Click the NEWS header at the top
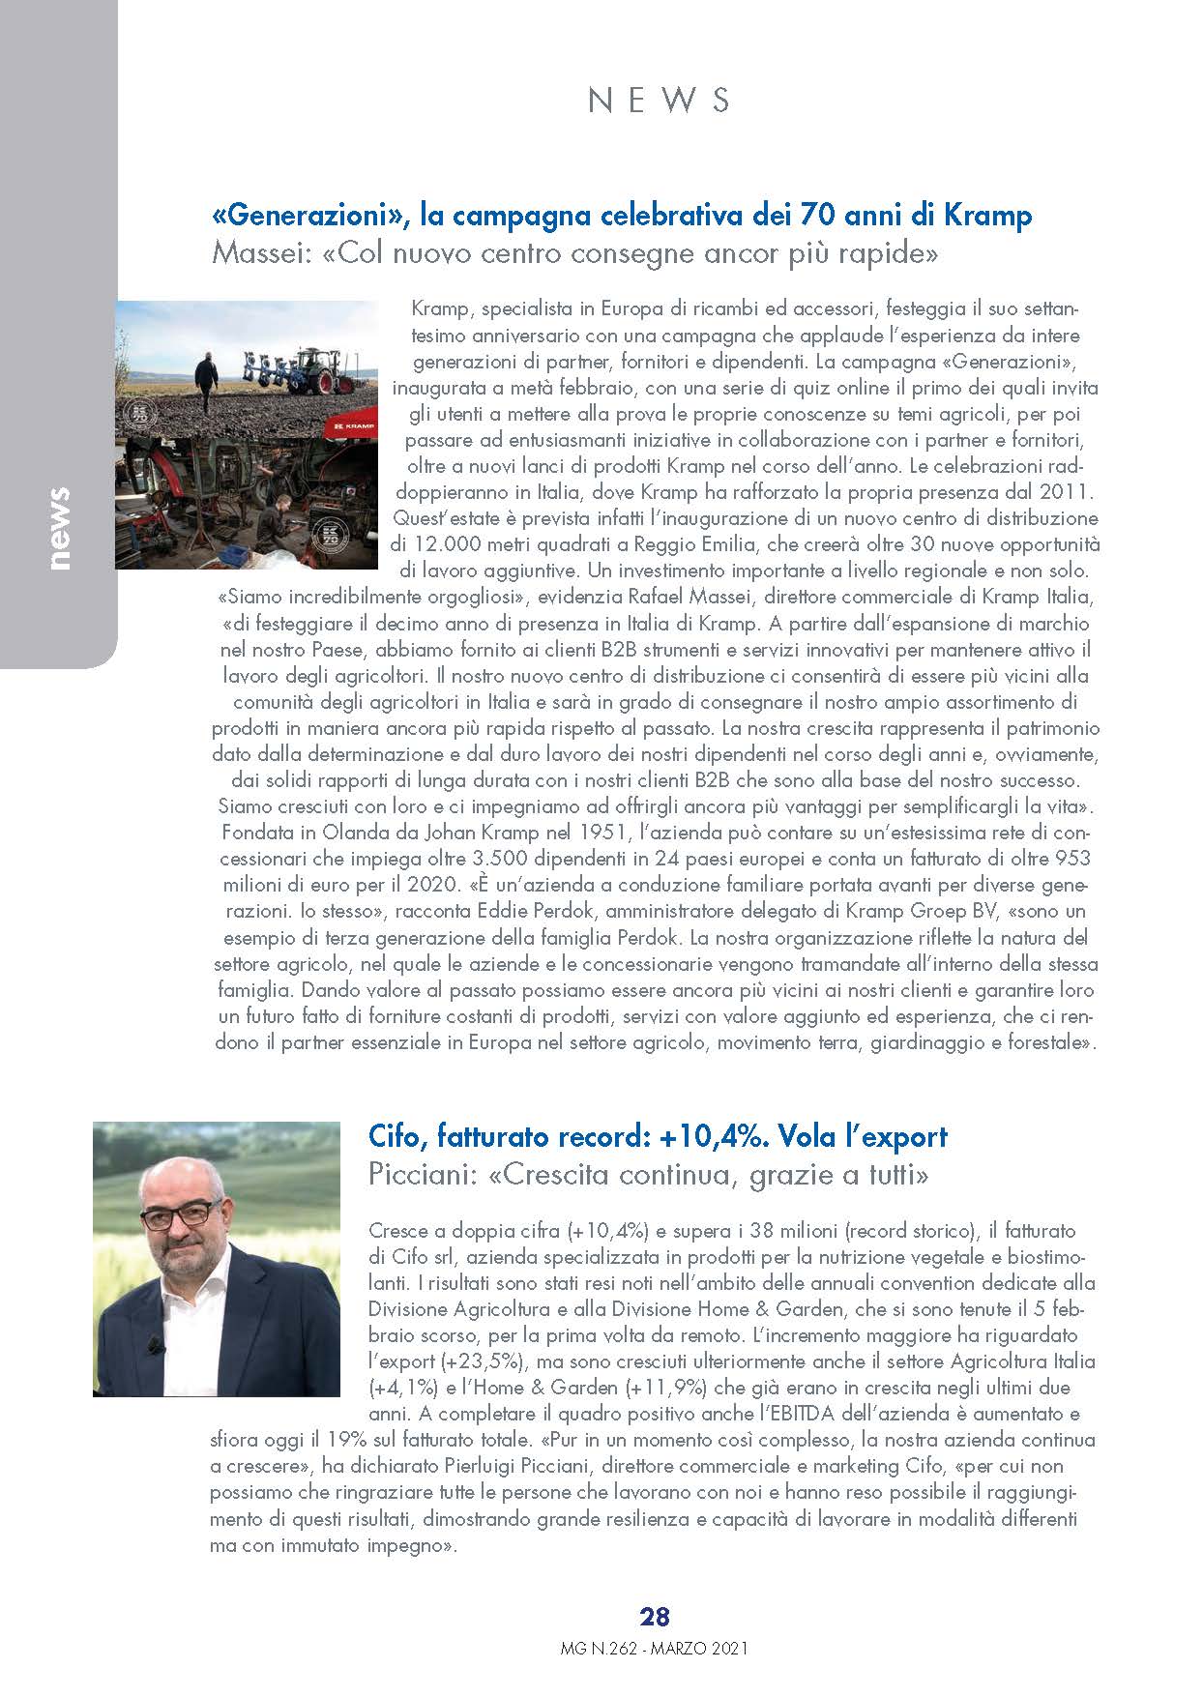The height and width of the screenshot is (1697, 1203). (x=659, y=100)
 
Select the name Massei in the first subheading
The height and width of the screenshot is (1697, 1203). (x=254, y=255)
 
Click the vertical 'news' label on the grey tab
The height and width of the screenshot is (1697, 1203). (x=59, y=528)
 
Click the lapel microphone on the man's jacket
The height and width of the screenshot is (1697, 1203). (x=152, y=1344)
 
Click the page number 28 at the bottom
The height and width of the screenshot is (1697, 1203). (x=655, y=1616)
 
